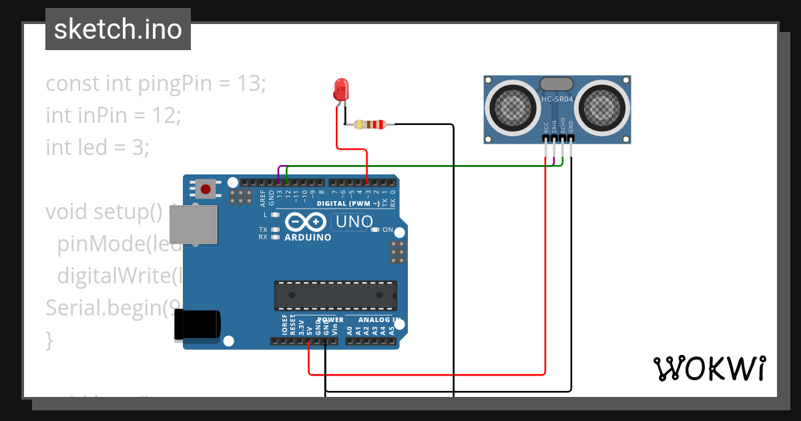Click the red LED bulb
341,89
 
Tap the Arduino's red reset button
206,189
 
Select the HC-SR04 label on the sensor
557,100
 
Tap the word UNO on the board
354,221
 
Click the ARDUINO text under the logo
308,237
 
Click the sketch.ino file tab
117,29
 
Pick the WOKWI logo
708,368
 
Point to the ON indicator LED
376,230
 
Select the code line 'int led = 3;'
97,146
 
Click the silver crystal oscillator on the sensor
556,84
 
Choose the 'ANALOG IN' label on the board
378,320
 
